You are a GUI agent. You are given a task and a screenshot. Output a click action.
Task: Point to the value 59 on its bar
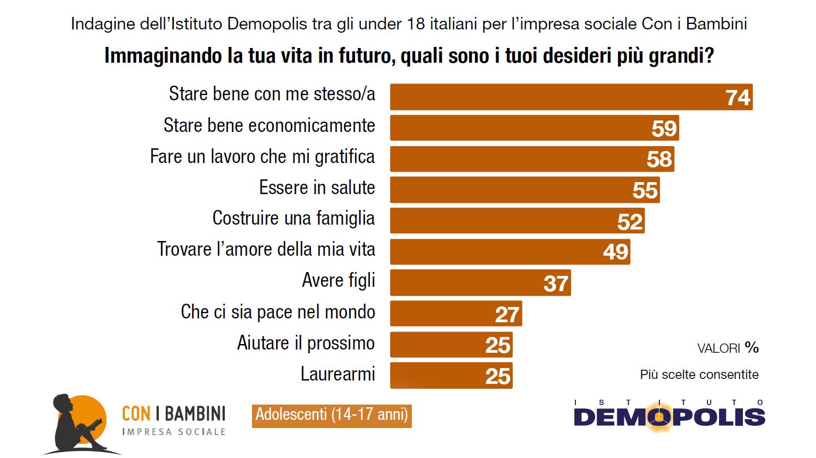point(664,129)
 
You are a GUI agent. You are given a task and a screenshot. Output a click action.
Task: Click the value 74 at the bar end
point(738,98)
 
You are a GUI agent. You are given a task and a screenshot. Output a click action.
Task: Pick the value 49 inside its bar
point(616,252)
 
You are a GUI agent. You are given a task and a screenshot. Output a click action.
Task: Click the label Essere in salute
point(317,188)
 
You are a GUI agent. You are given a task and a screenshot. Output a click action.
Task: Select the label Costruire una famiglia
point(293,218)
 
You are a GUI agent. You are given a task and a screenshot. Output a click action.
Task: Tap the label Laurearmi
point(338,374)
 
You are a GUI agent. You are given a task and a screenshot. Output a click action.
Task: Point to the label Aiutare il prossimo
point(306,343)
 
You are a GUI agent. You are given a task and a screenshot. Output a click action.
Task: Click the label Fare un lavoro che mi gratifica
point(262,156)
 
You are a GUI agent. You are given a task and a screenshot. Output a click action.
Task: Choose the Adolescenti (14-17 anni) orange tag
point(332,415)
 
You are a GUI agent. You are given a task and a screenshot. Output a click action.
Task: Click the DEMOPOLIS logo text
point(669,417)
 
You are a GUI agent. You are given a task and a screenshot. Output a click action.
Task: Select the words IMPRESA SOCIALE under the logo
point(174,432)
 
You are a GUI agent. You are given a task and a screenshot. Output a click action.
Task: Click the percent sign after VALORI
point(752,347)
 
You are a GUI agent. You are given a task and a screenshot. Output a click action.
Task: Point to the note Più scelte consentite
point(699,375)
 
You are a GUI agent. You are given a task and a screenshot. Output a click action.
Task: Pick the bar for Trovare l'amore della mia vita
point(510,252)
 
